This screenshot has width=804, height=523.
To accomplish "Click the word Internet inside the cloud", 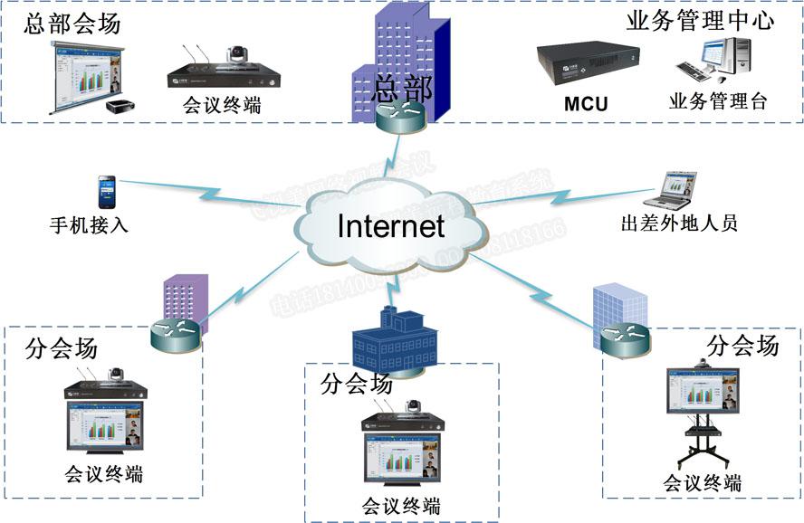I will pos(391,226).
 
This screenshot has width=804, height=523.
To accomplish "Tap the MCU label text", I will pos(586,104).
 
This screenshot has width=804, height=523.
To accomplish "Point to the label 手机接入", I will pos(89,223).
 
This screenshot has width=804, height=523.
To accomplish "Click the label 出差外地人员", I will pos(678,222).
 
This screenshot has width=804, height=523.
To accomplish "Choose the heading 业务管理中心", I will pos(700,21).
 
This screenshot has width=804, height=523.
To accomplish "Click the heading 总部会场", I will pos(72,24).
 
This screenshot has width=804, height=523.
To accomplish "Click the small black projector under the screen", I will pos(120,106).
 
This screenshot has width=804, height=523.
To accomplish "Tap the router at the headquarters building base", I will pos(398,117).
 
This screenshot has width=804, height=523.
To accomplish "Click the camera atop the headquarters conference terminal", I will pos(236,55).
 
